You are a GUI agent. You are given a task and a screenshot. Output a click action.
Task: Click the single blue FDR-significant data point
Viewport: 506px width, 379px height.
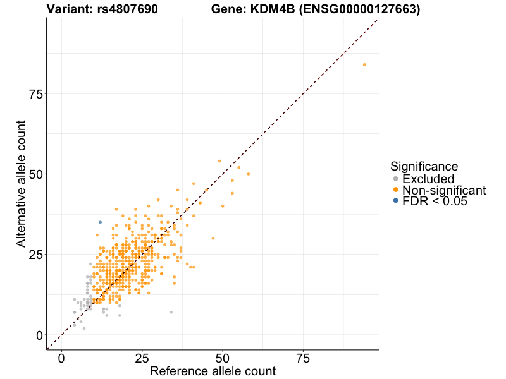click(100, 222)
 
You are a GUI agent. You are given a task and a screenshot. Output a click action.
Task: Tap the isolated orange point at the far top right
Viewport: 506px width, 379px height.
click(364, 64)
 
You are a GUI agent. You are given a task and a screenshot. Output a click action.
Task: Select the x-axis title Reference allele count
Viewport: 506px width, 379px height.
click(213, 371)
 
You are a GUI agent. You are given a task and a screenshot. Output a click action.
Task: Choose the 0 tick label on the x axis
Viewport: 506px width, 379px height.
click(61, 358)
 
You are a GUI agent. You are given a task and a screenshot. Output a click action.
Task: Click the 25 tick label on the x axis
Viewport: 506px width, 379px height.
click(142, 358)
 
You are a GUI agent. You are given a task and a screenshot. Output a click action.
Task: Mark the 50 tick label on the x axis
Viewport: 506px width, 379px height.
click(223, 358)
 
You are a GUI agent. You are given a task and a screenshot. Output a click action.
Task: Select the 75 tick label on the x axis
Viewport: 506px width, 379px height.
click(303, 358)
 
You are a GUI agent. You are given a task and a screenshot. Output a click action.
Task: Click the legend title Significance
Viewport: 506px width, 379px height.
click(424, 167)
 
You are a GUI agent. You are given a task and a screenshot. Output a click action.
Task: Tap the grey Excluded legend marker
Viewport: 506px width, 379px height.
click(396, 179)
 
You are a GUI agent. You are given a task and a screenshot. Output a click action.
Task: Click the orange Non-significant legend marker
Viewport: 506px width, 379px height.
click(396, 190)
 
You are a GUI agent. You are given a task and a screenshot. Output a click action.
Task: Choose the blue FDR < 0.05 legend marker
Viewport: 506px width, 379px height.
click(396, 201)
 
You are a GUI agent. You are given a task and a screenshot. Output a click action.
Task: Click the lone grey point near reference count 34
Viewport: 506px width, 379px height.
click(171, 312)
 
